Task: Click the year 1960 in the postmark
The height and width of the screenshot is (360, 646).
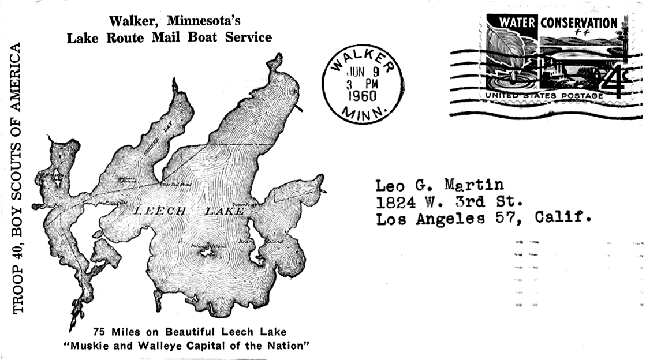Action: tap(363, 95)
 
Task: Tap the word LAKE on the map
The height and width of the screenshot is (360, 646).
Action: tap(225, 212)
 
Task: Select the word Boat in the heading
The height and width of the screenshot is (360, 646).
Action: tap(202, 38)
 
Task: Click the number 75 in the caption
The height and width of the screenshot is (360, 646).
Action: tap(99, 332)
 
